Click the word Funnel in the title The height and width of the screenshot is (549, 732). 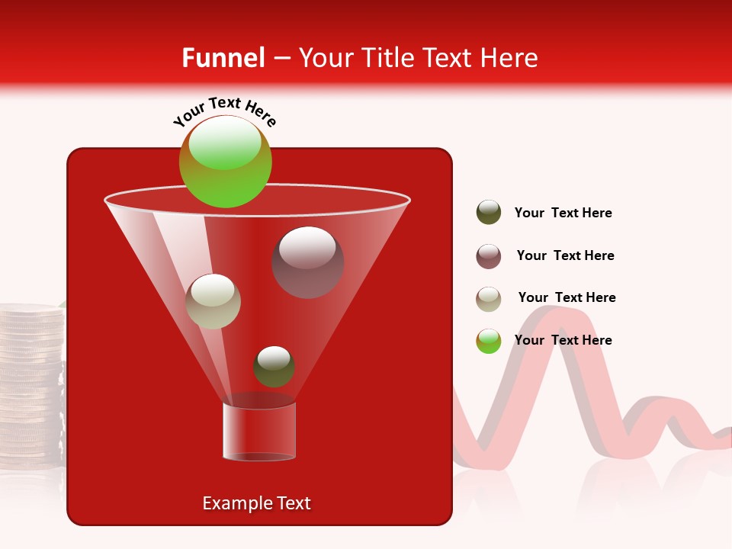click(223, 58)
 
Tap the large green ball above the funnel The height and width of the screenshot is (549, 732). click(225, 162)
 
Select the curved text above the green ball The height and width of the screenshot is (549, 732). click(225, 111)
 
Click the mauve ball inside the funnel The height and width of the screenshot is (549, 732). click(307, 262)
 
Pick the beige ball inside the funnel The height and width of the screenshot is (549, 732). click(213, 301)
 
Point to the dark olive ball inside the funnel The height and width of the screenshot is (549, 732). click(274, 366)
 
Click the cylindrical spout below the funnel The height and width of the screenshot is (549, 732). click(259, 431)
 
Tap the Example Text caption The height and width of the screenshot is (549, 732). click(256, 503)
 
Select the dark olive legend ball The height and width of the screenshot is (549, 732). click(489, 213)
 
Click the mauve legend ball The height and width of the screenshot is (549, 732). click(489, 256)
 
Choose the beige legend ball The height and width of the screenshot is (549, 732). click(489, 299)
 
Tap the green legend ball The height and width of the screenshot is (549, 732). click(489, 341)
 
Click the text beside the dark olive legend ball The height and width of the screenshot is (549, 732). click(563, 213)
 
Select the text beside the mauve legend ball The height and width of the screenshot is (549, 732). click(565, 256)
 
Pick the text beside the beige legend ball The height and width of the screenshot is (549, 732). click(567, 298)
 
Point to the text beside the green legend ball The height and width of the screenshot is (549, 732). click(563, 340)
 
